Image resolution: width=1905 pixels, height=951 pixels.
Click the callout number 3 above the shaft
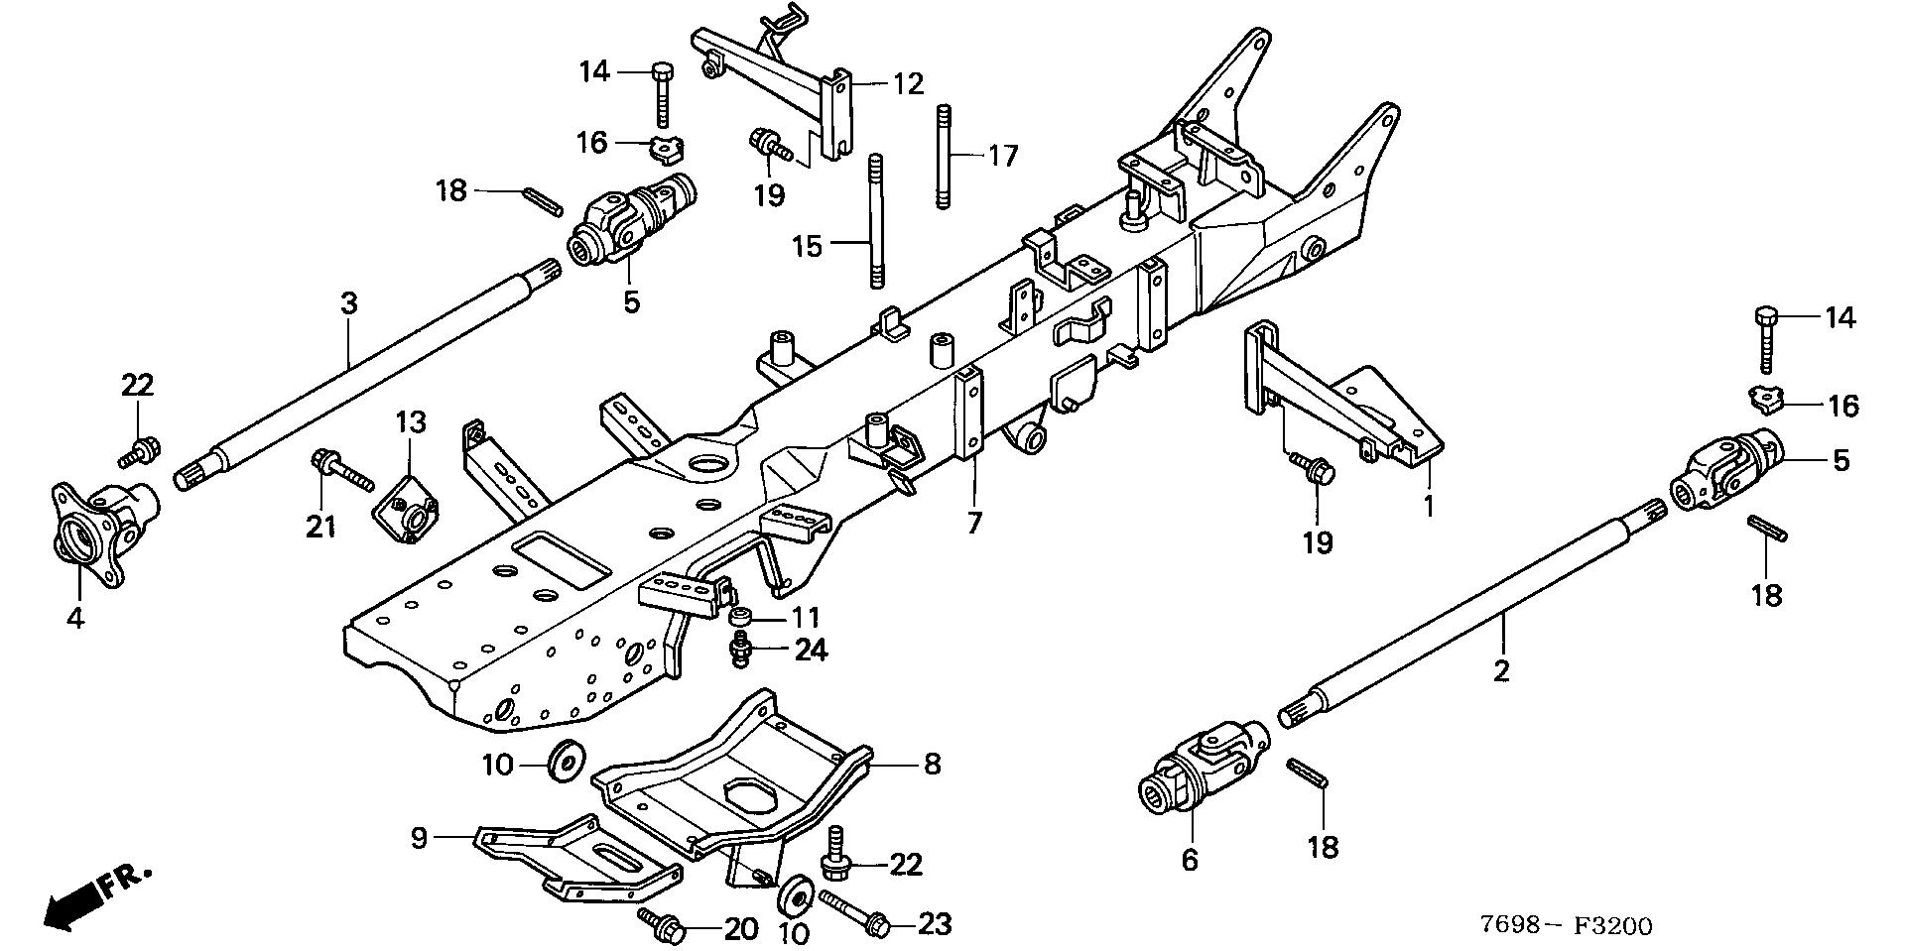pyautogui.click(x=348, y=303)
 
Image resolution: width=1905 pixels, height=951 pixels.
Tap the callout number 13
pyautogui.click(x=411, y=422)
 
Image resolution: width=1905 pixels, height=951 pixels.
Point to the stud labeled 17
pyautogui.click(x=944, y=156)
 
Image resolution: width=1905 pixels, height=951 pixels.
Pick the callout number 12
pyautogui.click(x=908, y=83)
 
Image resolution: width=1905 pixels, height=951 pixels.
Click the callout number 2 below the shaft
pyautogui.click(x=1501, y=670)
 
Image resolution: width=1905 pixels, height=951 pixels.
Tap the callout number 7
pyautogui.click(x=973, y=522)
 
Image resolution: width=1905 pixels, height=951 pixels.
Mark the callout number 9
pyautogui.click(x=419, y=838)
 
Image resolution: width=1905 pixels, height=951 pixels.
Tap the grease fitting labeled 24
pyautogui.click(x=737, y=651)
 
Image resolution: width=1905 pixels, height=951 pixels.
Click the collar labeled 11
pyautogui.click(x=738, y=618)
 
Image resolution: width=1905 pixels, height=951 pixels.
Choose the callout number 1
pyautogui.click(x=1429, y=507)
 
